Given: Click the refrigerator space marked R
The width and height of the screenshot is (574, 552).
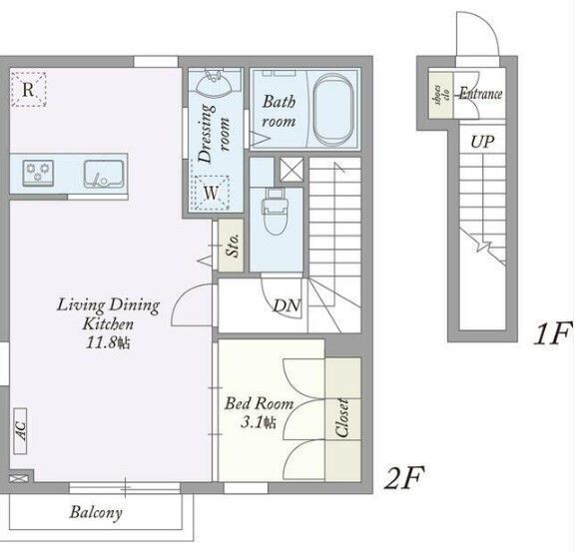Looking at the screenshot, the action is point(28,89).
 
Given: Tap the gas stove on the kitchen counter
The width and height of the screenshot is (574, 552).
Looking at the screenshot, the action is point(38,173).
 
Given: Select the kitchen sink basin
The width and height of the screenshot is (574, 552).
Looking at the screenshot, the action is point(104,175).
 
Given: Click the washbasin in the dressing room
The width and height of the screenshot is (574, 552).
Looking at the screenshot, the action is point(215,84).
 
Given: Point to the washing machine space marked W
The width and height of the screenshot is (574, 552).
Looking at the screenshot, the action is point(212,194).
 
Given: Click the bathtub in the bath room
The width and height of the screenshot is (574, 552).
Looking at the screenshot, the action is point(334,110).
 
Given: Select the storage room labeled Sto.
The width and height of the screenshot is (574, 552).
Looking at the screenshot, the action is point(231,246).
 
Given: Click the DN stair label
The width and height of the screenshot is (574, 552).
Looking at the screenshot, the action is point(287,305).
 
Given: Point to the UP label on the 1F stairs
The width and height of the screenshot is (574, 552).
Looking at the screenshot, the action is point(482,142).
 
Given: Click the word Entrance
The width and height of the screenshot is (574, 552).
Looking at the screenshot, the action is point(480,94).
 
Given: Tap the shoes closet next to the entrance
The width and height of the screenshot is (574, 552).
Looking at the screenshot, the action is point(441,95).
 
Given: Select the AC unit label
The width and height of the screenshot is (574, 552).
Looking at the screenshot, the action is point(21,431).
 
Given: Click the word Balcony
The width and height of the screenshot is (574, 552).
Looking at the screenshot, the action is point(96,512).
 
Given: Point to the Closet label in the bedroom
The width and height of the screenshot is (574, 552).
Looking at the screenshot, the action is point(342,418).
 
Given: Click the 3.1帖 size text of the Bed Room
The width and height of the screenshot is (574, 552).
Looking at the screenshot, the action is point(259,423).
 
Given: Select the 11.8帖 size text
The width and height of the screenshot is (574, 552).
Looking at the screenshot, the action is point(108,343).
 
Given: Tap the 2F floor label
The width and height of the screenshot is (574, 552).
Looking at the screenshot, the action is point(404,477).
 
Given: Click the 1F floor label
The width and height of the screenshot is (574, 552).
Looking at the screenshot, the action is point(553,332).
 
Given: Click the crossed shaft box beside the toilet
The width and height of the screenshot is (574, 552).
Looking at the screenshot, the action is point(291,170).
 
